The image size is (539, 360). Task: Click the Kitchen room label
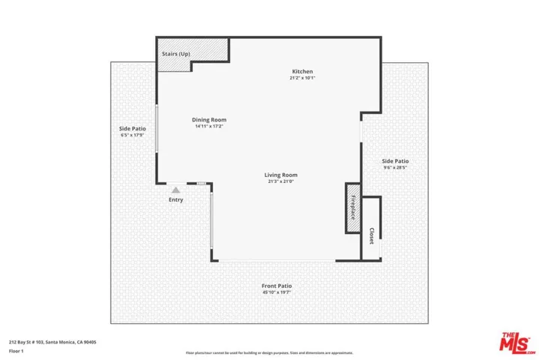[x=297, y=71]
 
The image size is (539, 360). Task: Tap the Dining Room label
[x=208, y=119]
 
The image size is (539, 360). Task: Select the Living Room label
[x=281, y=175]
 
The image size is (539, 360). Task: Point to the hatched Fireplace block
[x=352, y=206]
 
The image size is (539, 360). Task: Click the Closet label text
[x=371, y=236]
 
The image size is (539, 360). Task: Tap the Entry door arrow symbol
[x=175, y=190]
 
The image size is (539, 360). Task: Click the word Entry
[x=175, y=200]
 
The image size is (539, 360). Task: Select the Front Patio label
[x=276, y=286]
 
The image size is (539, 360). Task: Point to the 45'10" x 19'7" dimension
[x=276, y=292]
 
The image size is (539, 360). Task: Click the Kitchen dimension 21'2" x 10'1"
[x=297, y=78]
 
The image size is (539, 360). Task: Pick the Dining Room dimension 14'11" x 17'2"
[x=208, y=126]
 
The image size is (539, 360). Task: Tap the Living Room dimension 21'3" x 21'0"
[x=281, y=181]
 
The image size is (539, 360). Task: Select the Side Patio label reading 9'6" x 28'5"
[x=395, y=168]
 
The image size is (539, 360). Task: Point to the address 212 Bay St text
[x=52, y=342]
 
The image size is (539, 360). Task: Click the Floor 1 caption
[x=16, y=350]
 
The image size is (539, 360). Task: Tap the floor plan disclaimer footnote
[x=269, y=352]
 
